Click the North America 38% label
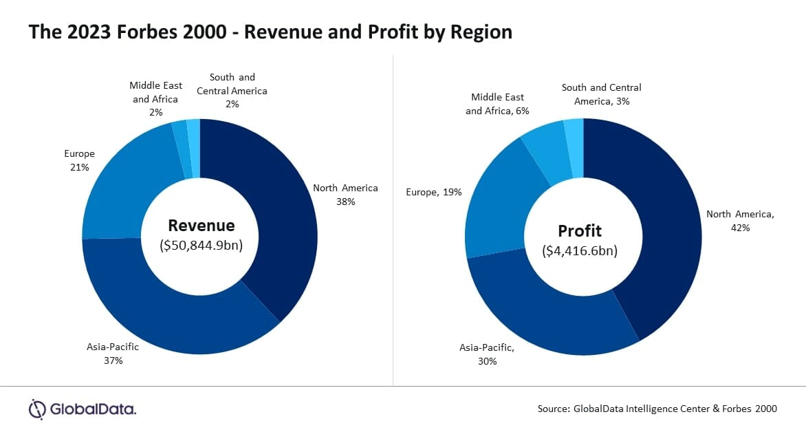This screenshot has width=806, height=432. coord(345,195)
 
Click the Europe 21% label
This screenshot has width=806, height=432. coord(79,160)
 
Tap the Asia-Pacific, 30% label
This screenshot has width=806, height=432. coord(487,354)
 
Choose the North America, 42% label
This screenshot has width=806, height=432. coord(740,220)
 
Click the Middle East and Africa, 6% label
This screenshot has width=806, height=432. coord(497,104)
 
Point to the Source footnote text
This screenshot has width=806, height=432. coord(657,409)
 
